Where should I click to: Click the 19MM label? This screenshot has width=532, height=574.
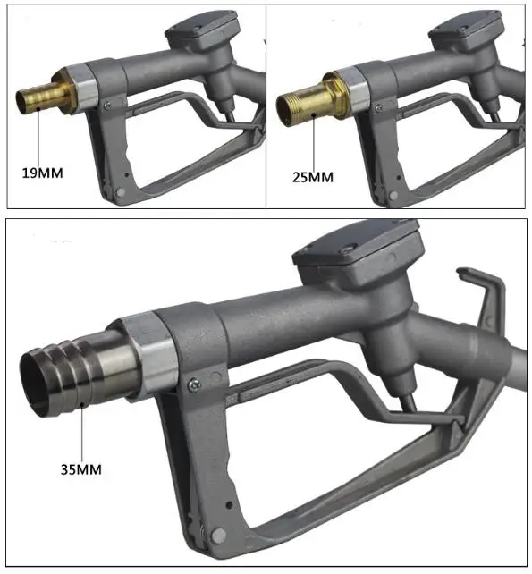point(43,173)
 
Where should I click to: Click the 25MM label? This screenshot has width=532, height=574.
point(313,177)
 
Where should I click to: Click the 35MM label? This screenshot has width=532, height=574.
point(81,469)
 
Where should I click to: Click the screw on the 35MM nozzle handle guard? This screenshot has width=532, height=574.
point(194,384)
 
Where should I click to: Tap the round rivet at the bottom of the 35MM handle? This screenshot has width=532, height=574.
point(219,535)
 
